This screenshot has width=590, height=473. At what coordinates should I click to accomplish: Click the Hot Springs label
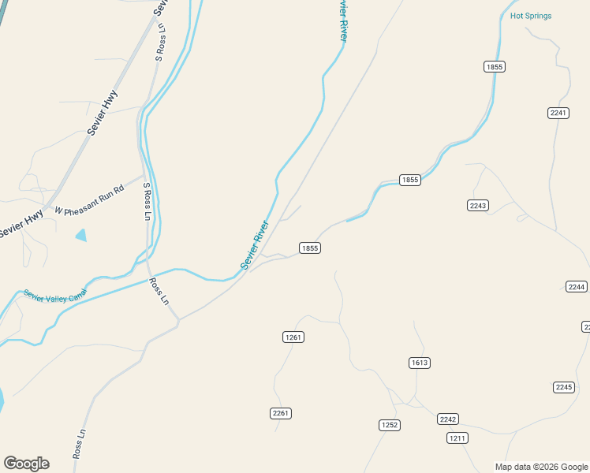coord(531,16)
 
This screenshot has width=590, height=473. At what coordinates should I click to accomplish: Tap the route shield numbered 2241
coord(558,113)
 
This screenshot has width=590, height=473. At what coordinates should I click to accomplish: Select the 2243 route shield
coord(478,205)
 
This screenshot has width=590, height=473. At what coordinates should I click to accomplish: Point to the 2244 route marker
coord(577,286)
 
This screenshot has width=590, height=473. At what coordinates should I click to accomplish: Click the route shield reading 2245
coord(564,387)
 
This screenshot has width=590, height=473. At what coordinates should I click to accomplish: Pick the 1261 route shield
coord(293,337)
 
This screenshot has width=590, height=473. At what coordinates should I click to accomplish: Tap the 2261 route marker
coord(281,413)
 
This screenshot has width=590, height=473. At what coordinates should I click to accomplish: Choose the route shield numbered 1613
coord(419,363)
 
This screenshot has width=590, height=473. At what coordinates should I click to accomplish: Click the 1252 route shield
coord(390,425)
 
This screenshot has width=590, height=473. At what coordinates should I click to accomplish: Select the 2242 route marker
coord(448,419)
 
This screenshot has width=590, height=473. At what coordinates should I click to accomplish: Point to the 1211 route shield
coord(457,438)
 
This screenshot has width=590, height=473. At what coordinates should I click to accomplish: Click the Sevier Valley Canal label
coord(54,296)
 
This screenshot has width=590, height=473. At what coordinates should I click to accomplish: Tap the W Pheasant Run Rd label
coord(89,200)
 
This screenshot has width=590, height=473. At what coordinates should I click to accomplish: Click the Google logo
coord(26,464)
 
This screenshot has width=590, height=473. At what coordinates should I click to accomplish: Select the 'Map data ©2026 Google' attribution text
coord(541,467)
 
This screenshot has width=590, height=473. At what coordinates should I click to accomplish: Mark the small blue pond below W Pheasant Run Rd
coord(80,235)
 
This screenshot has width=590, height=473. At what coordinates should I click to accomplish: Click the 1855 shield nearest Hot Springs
coord(495,67)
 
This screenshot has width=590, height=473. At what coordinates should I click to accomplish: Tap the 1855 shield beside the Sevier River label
coord(309,248)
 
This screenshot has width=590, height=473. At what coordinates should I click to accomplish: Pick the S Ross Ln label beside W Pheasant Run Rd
coord(147,200)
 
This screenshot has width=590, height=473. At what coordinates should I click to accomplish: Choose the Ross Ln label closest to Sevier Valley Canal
coord(159,291)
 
